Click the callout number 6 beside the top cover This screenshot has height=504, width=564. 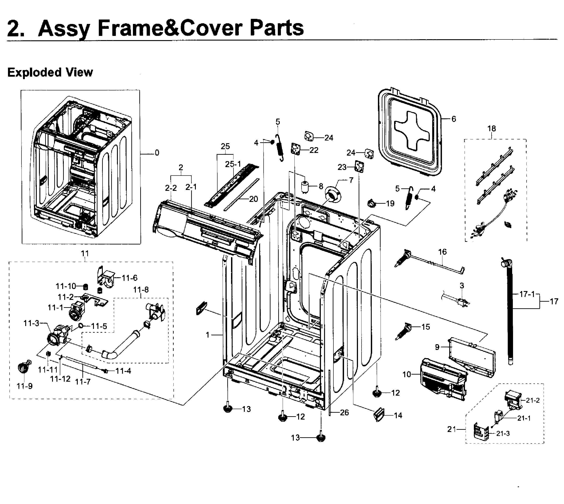point(454,119)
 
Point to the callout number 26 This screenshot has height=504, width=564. point(344,413)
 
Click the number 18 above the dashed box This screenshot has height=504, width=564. point(492,129)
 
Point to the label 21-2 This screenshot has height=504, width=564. point(533,400)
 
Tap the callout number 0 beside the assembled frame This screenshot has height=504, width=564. point(157,152)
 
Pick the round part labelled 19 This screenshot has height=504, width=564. point(372,203)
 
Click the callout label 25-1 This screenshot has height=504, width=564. point(233,164)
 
